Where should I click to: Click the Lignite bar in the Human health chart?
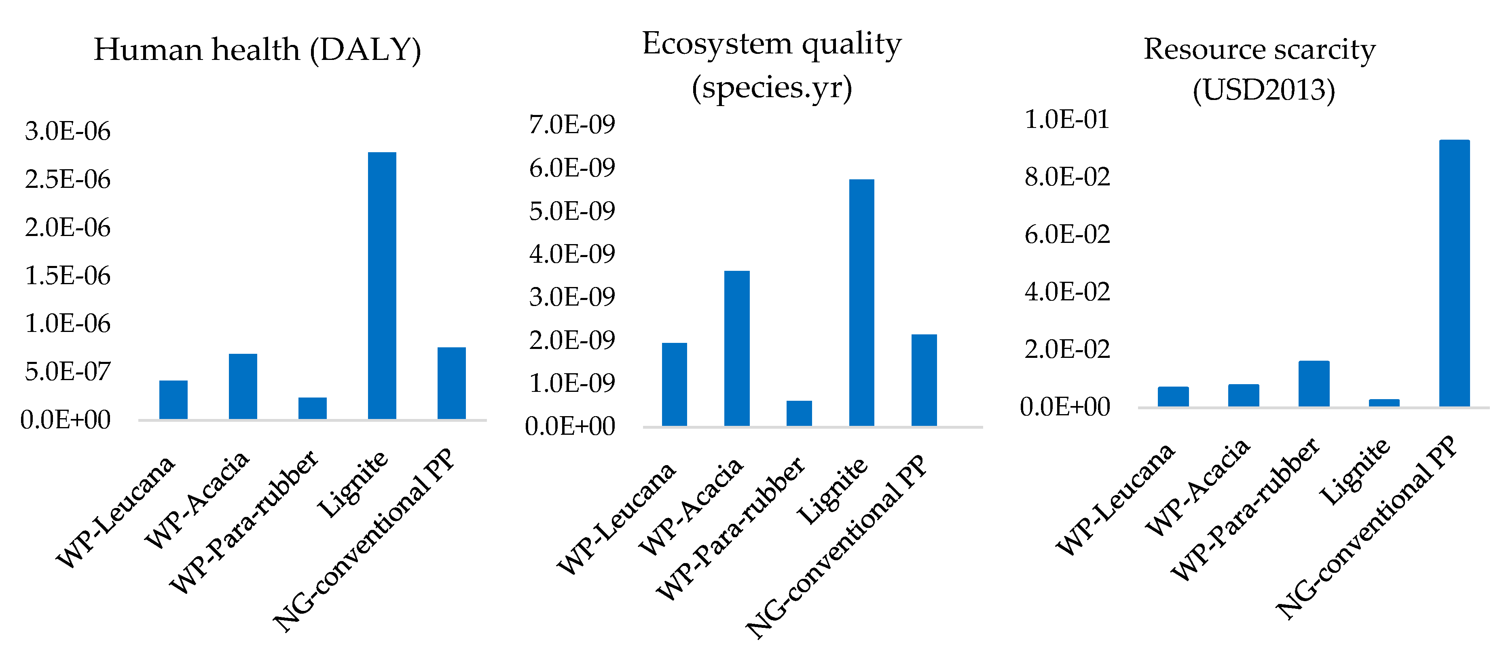click(382, 286)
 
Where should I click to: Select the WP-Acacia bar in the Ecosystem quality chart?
click(736, 349)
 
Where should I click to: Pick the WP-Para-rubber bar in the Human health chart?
click(313, 408)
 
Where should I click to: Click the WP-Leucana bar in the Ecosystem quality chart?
click(674, 385)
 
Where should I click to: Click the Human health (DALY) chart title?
click(257, 50)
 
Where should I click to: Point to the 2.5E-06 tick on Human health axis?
click(67, 180)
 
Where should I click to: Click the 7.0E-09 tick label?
click(571, 124)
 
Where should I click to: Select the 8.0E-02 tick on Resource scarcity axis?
click(1067, 177)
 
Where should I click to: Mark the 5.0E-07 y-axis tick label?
click(67, 372)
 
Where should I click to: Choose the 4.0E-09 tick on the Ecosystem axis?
click(571, 254)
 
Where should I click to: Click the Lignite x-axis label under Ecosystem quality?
click(833, 491)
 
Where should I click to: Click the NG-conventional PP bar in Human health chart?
click(451, 383)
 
